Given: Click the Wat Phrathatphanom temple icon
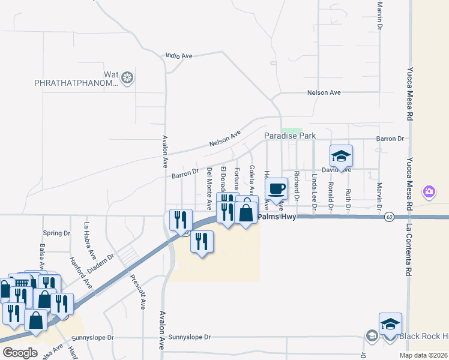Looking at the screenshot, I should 127,77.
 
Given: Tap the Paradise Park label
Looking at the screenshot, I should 290,136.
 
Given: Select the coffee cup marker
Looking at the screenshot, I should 276,190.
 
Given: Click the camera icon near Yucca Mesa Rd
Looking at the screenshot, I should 429,192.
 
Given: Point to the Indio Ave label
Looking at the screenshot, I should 179,56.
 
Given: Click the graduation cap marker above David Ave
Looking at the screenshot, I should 341,157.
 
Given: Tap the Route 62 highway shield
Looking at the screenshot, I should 390,217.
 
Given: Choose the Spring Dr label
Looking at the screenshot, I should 57,233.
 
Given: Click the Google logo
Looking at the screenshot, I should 20,353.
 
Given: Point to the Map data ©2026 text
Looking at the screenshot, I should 423,355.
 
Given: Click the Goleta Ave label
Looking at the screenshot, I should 252,179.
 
